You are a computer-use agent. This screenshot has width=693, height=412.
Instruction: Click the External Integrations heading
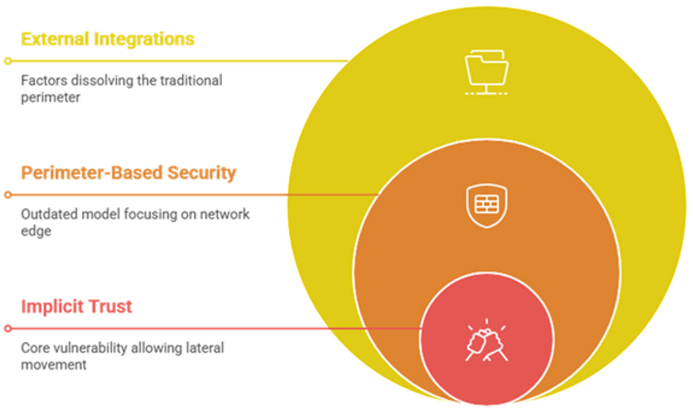click(x=108, y=39)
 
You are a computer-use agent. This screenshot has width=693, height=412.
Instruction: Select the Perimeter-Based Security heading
click(x=128, y=173)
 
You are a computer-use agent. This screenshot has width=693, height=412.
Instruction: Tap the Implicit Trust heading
click(x=76, y=306)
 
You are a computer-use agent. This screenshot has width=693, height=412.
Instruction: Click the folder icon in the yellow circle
click(x=486, y=72)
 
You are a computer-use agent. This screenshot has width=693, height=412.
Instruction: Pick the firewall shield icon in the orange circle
click(x=486, y=206)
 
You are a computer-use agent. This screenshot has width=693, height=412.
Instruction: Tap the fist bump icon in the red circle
click(x=486, y=341)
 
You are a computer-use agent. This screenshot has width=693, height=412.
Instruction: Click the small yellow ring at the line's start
click(x=8, y=61)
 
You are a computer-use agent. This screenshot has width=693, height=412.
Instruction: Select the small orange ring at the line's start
click(x=8, y=195)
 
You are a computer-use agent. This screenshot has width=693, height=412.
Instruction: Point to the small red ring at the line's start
click(x=8, y=328)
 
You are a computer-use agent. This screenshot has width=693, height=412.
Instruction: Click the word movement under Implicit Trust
click(x=54, y=365)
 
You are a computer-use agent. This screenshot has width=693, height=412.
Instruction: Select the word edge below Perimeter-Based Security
click(x=36, y=231)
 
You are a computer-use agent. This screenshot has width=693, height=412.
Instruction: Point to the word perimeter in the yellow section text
click(x=50, y=97)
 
